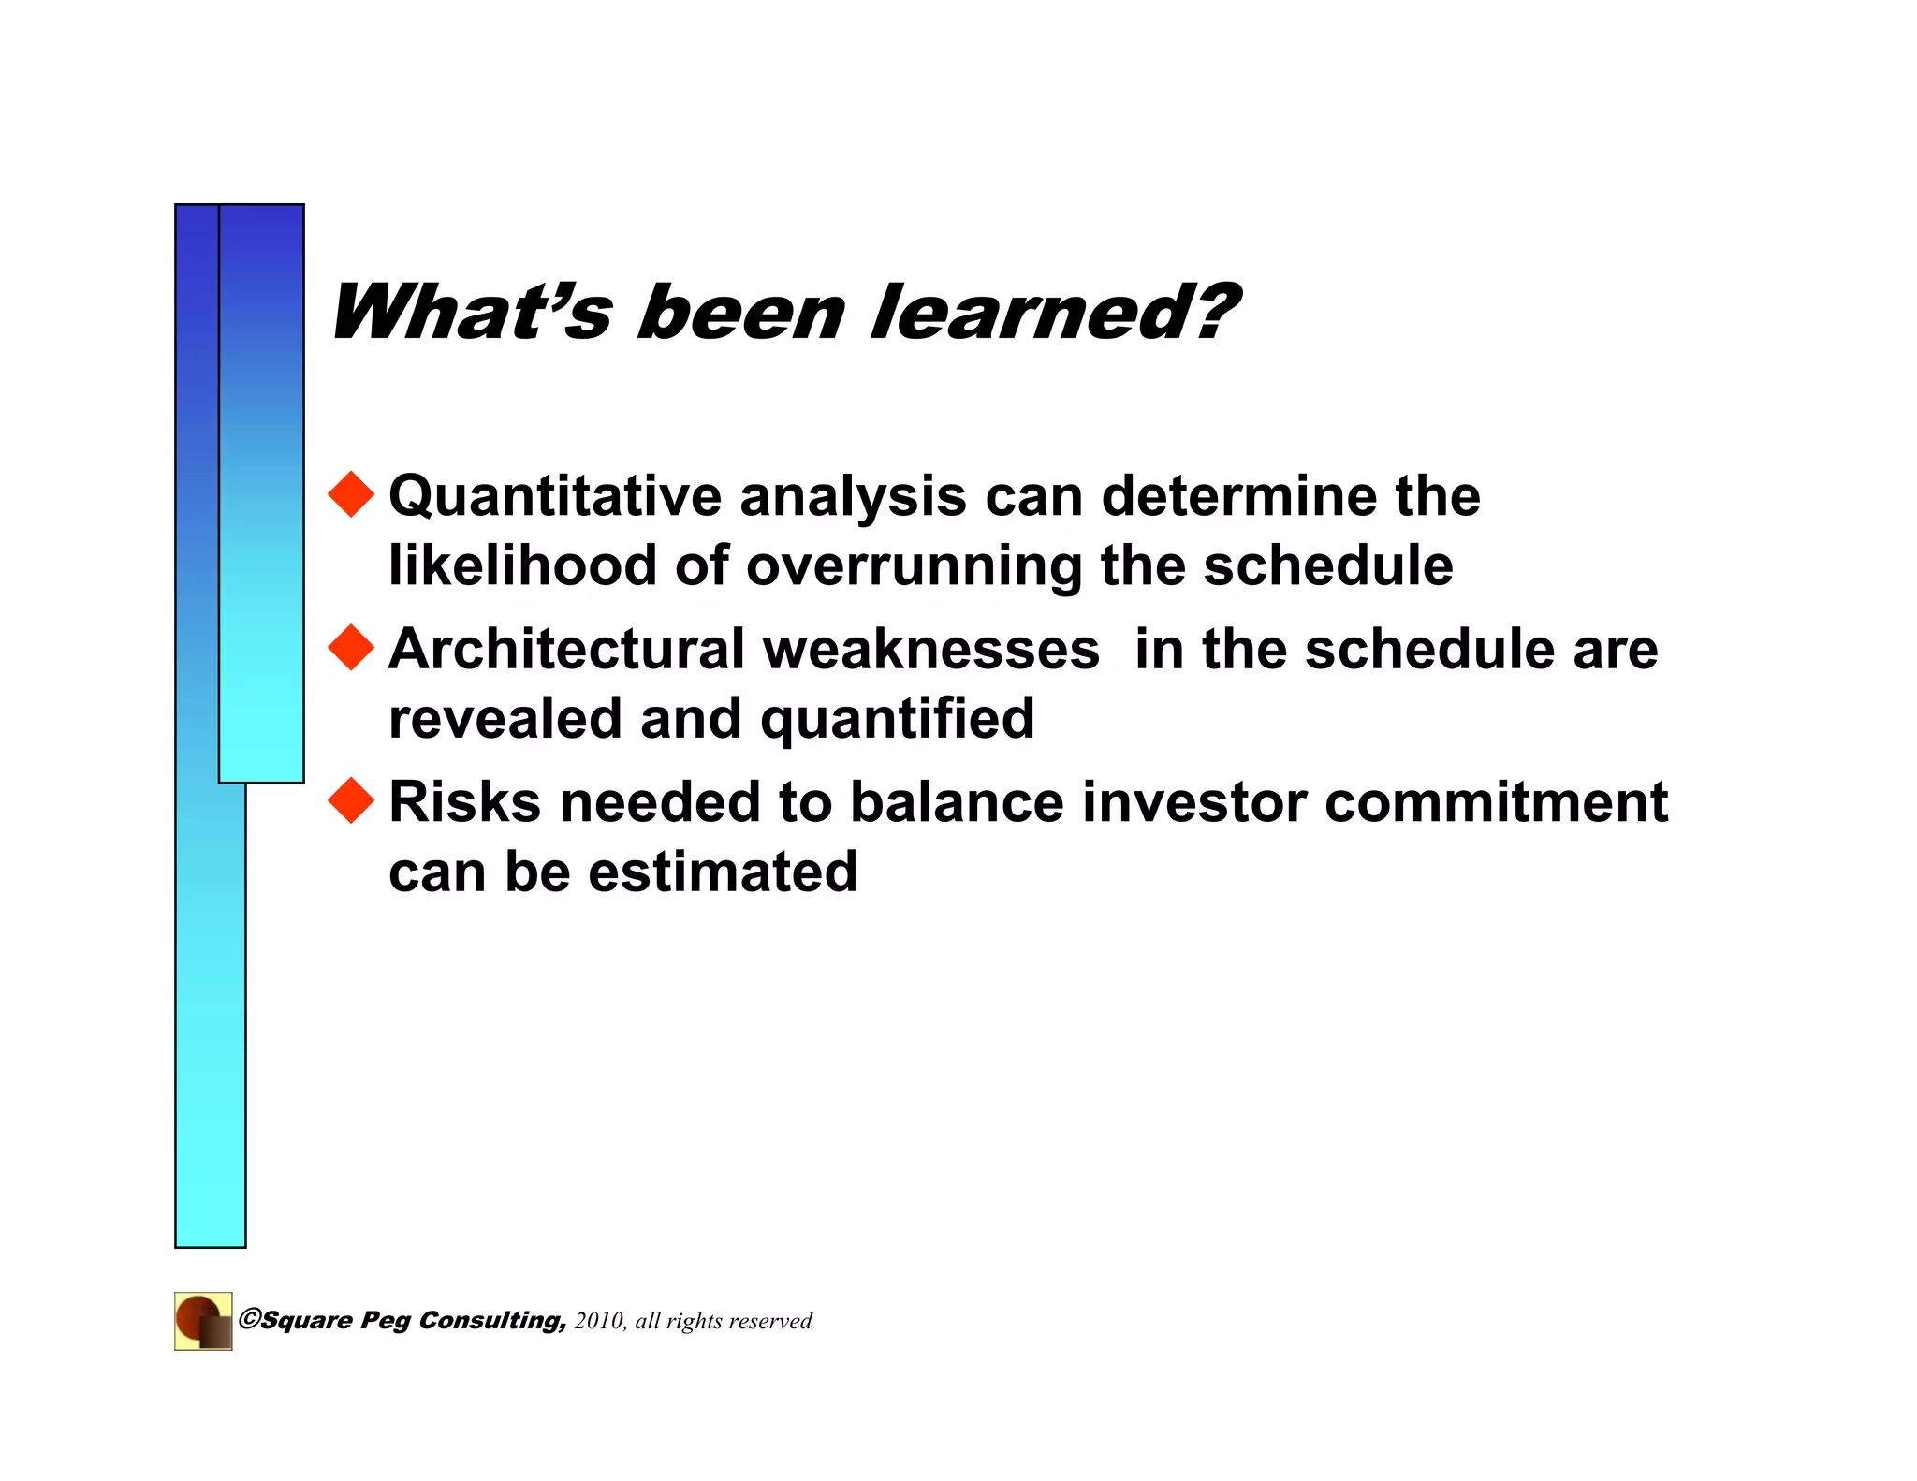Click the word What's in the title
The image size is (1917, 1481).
click(x=471, y=312)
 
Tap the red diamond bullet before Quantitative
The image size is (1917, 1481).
click(x=352, y=493)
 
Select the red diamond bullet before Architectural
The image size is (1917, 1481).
click(x=352, y=647)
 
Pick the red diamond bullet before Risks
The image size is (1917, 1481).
click(x=352, y=800)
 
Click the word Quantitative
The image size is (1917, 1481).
click(x=555, y=496)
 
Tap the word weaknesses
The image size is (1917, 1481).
click(x=930, y=649)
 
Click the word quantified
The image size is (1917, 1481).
click(x=897, y=719)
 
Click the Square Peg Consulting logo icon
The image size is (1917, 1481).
click(x=203, y=1321)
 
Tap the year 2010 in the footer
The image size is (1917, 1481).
click(x=598, y=1321)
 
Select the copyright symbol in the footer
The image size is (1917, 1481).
click(x=249, y=1319)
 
